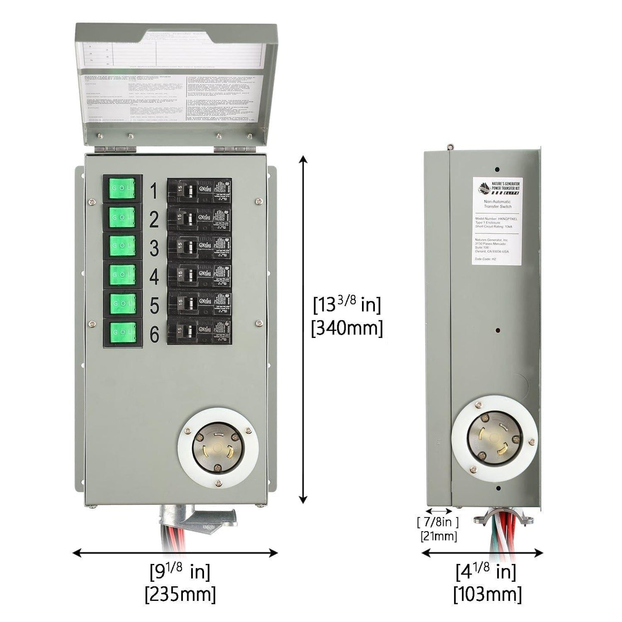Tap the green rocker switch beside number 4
[x=123, y=274]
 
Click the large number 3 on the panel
[x=154, y=248]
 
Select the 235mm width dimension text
[x=180, y=594]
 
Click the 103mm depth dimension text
[x=487, y=594]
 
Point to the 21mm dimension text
[x=438, y=536]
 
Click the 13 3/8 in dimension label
[x=347, y=305]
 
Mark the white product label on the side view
[x=497, y=220]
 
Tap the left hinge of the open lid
[x=115, y=149]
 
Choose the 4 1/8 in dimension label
[x=486, y=571]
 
